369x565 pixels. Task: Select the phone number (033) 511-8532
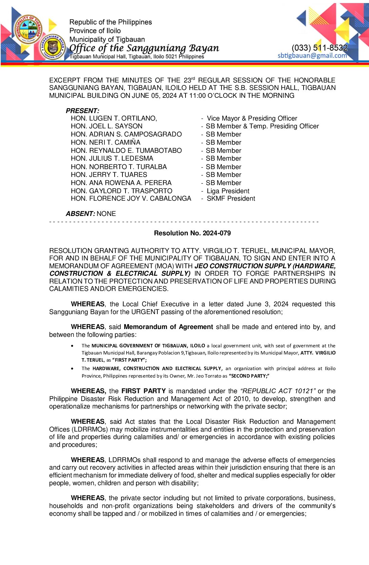click(319, 48)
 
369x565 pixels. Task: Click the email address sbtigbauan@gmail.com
click(312, 56)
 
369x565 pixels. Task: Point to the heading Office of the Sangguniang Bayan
click(144, 48)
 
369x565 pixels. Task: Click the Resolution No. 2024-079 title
click(192, 233)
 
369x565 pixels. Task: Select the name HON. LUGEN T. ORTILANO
click(114, 118)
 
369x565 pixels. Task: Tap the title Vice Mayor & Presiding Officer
click(252, 118)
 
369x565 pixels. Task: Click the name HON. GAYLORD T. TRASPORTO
click(121, 191)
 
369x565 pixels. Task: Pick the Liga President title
click(228, 191)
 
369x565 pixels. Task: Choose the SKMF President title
click(231, 199)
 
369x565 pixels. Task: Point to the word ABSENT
click(80, 214)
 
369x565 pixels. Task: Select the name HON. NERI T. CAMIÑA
click(105, 142)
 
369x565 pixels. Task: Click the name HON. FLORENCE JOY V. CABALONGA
click(131, 199)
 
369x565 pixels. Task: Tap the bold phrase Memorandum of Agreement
click(168, 327)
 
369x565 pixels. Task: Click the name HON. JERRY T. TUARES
click(109, 175)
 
